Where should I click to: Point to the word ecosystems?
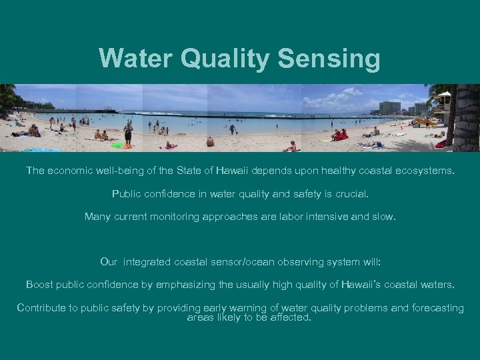click(x=419, y=171)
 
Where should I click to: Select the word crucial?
click(x=349, y=194)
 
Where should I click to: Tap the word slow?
click(x=383, y=216)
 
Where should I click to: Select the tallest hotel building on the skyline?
click(x=389, y=107)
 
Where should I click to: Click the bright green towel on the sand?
click(x=118, y=145)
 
